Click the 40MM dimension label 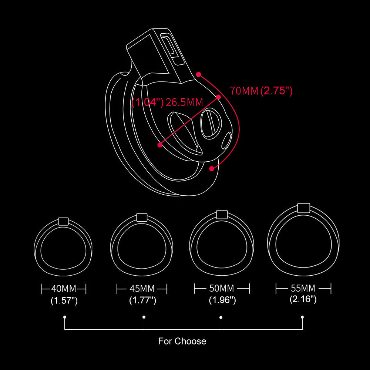tap(64, 289)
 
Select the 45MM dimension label tap(142, 289)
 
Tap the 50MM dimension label tap(222, 288)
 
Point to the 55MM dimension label tap(303, 288)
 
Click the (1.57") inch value tap(64, 300)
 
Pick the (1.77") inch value tap(143, 300)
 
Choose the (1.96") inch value tap(222, 300)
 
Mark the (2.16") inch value tap(303, 299)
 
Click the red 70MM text tap(244, 91)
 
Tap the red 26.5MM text tap(184, 102)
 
